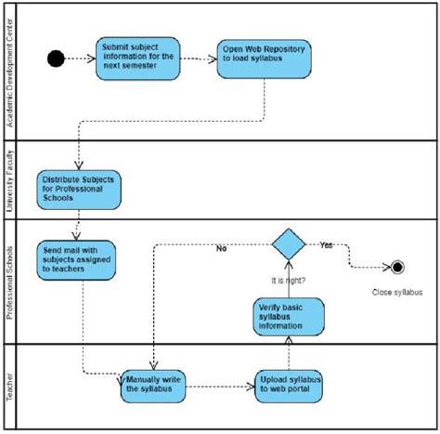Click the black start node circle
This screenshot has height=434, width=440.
(x=56, y=59)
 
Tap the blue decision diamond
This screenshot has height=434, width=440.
(x=290, y=246)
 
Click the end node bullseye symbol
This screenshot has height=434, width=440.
(x=398, y=268)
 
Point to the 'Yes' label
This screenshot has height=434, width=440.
(x=327, y=246)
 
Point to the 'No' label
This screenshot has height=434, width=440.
(x=222, y=249)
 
